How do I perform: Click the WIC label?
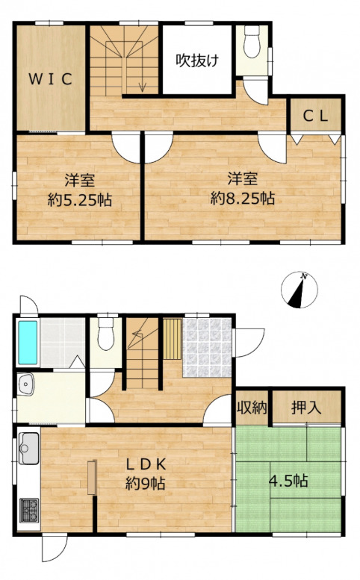pos(50,79)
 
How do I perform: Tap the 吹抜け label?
pos(197,60)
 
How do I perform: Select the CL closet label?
pos(315,116)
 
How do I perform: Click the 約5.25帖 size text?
pos(80,200)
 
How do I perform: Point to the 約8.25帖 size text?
pos(243,199)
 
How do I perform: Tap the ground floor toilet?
pos(106,332)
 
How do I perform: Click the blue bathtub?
pos(28,343)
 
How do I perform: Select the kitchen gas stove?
pos(29,510)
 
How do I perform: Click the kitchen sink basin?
pos(29,448)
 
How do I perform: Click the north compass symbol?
pos(300,290)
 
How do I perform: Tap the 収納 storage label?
pos(252,408)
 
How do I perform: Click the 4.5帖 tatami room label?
pos(288,481)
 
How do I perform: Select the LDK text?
pos(146,464)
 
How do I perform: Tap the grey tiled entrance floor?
pos(207,347)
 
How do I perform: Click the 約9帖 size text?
pos(145,483)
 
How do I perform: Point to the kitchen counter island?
pos(92,477)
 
